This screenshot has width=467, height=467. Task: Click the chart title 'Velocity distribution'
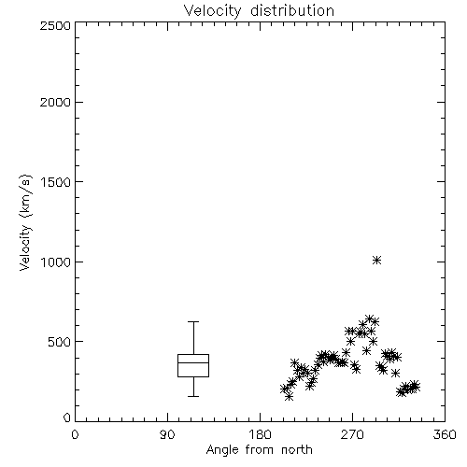[259, 11]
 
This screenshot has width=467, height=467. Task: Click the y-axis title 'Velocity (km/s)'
[26, 222]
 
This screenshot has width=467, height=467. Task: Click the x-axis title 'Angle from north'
[259, 449]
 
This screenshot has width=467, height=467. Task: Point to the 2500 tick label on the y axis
[55, 25]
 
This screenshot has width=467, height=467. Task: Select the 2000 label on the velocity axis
[55, 102]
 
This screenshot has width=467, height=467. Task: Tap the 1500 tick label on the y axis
[56, 182]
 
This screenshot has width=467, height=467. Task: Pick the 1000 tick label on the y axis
[56, 262]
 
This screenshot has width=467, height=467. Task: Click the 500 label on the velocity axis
[60, 342]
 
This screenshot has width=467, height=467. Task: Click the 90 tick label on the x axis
[167, 434]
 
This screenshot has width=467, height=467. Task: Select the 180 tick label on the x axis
[260, 434]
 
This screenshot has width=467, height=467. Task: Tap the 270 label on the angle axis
[352, 434]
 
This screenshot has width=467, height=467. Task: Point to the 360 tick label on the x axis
[445, 434]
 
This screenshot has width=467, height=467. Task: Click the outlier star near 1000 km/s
[377, 261]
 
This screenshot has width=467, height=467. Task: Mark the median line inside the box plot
[193, 362]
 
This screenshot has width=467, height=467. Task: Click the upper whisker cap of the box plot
[193, 321]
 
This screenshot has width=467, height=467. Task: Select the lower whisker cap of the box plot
[193, 396]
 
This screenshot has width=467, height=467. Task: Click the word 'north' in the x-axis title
[297, 449]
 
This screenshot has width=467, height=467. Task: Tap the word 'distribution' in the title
[292, 11]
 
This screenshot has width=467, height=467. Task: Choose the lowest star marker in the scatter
[290, 396]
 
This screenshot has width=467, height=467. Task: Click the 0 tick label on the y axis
[67, 417]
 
